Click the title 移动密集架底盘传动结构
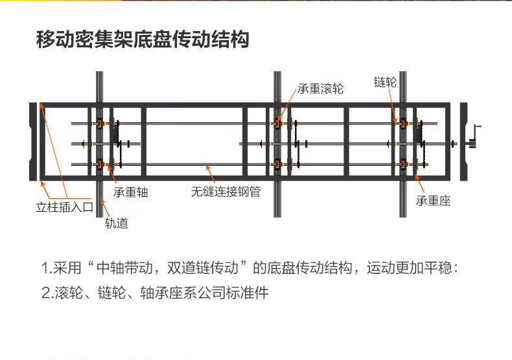pos(143,39)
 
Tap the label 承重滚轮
pos(320,89)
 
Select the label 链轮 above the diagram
pos(386,82)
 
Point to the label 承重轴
pos(131,192)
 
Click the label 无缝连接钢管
pos(226,192)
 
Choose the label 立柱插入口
pos(65,207)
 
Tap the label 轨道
pos(117,223)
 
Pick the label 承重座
pos(434,201)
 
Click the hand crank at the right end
pos(475,137)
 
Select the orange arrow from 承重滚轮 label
pos(286,104)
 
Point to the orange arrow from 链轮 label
pos(392,106)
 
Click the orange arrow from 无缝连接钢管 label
pos(210,174)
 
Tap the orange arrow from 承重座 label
pos(419,183)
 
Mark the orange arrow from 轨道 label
pos(104,207)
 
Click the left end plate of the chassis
pos(33,142)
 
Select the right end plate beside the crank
pos(463,142)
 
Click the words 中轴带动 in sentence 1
pos(124,268)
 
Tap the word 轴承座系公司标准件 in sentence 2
pos(204,293)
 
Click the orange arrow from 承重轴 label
pos(111,175)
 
